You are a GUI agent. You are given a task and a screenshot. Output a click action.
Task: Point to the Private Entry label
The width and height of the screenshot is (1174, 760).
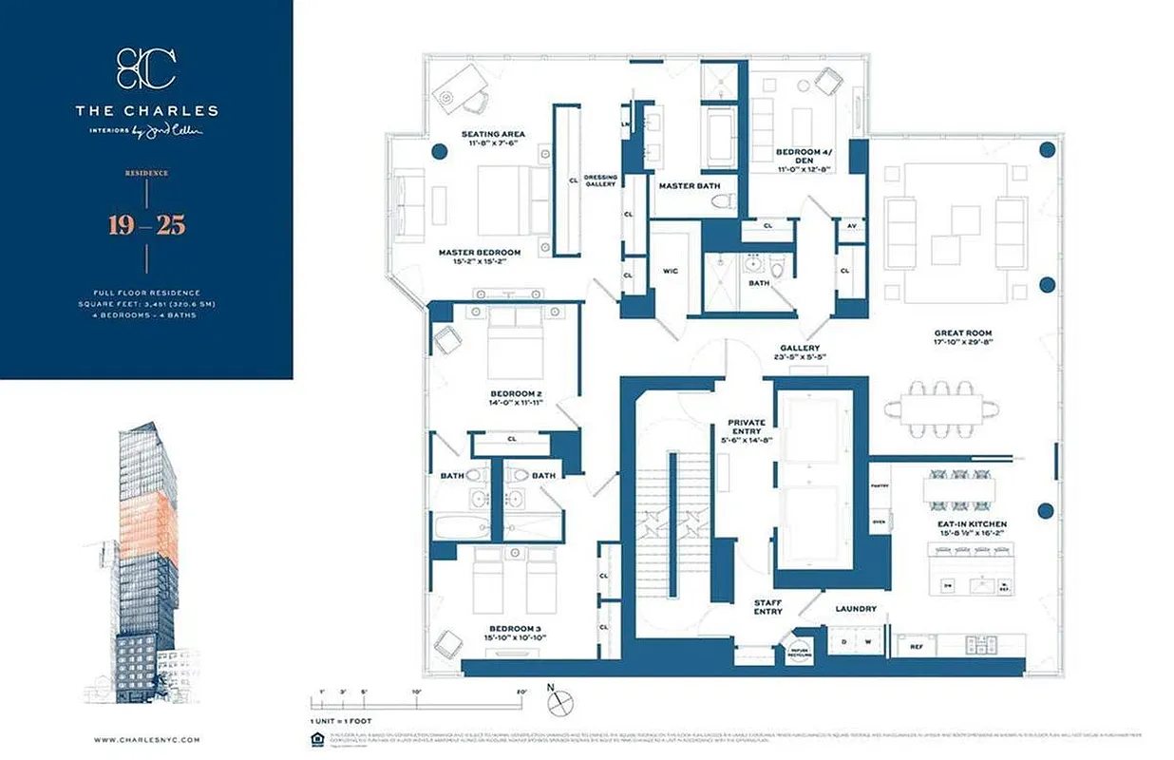click(x=747, y=427)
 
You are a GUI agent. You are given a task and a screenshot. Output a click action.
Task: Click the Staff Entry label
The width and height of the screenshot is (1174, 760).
click(x=767, y=606)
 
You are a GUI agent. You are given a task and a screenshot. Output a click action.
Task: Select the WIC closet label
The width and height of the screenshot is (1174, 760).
click(x=670, y=271)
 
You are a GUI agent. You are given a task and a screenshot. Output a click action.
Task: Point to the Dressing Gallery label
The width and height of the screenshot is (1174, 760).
click(x=600, y=180)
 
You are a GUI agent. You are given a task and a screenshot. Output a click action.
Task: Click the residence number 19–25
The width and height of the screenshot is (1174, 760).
click(x=146, y=225)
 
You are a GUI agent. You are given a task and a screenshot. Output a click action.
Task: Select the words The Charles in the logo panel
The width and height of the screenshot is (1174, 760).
click(x=146, y=111)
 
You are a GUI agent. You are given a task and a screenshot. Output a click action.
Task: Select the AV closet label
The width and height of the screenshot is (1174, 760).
click(x=849, y=226)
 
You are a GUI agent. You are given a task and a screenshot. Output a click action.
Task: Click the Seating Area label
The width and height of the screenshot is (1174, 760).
click(x=493, y=134)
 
